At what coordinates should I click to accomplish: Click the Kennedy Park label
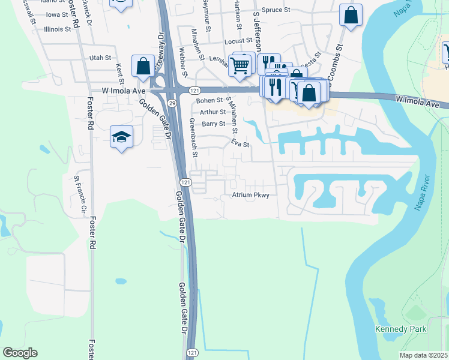pos(400,329)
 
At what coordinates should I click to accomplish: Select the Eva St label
pos(240,144)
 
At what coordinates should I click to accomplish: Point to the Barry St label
pos(213,124)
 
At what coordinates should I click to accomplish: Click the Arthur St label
pos(213,112)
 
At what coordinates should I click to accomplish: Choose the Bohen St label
pos(209,100)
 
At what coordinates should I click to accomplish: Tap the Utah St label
pos(100,58)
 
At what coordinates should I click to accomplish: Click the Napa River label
pos(423,191)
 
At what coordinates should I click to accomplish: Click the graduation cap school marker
pos(121,137)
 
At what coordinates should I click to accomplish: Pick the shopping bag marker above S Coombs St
pos(351,14)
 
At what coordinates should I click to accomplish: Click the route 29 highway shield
pos(172,104)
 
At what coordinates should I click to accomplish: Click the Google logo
pos(20,353)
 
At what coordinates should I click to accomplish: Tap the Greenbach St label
pos(193,137)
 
